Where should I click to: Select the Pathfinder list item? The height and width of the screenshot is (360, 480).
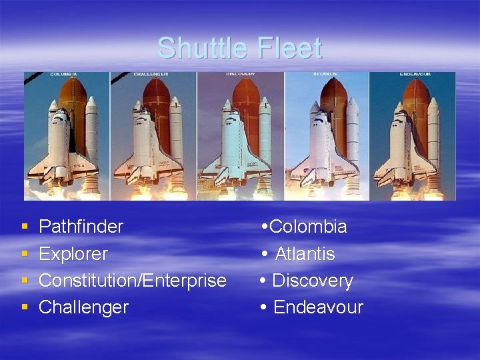click(x=81, y=227)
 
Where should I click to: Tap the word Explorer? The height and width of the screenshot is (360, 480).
click(x=73, y=254)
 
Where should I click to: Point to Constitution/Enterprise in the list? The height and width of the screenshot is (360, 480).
click(x=132, y=281)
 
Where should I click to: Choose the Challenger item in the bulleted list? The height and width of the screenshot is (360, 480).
click(x=83, y=307)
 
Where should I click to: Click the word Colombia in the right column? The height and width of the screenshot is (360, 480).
click(x=308, y=227)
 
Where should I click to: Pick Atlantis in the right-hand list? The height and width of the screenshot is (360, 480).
click(x=305, y=254)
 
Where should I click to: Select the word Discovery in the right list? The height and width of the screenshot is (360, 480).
click(x=313, y=281)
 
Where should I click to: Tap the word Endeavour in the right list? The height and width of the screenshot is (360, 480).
click(x=318, y=307)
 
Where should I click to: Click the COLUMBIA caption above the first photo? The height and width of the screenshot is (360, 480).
click(x=63, y=74)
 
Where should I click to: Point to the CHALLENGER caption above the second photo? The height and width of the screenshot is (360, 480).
click(x=151, y=74)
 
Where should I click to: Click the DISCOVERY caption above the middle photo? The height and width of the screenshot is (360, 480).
click(x=241, y=73)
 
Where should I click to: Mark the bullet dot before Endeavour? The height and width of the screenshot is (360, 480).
click(x=264, y=307)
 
